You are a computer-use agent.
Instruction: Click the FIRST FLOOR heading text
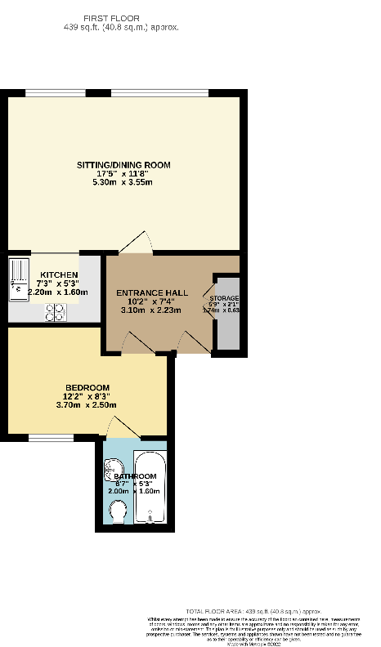point(123,17)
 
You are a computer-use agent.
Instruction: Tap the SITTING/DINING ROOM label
point(123,164)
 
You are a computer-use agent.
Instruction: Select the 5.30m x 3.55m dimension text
point(123,182)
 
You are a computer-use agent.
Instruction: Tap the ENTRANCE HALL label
point(152,292)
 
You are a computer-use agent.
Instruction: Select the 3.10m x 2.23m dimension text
point(152,310)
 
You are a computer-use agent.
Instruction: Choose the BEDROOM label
point(87,387)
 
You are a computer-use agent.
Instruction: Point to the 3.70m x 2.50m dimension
point(87,405)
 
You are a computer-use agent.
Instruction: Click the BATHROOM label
point(135,475)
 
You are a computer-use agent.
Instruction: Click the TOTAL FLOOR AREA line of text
point(253,611)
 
